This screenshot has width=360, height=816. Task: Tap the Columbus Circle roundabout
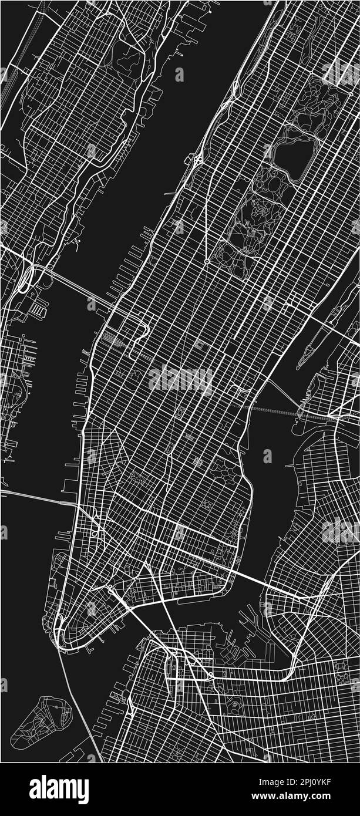(207, 261)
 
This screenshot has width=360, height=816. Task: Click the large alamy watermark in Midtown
(180, 380)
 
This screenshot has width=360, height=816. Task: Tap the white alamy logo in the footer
(59, 790)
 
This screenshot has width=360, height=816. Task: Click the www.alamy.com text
(299, 797)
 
